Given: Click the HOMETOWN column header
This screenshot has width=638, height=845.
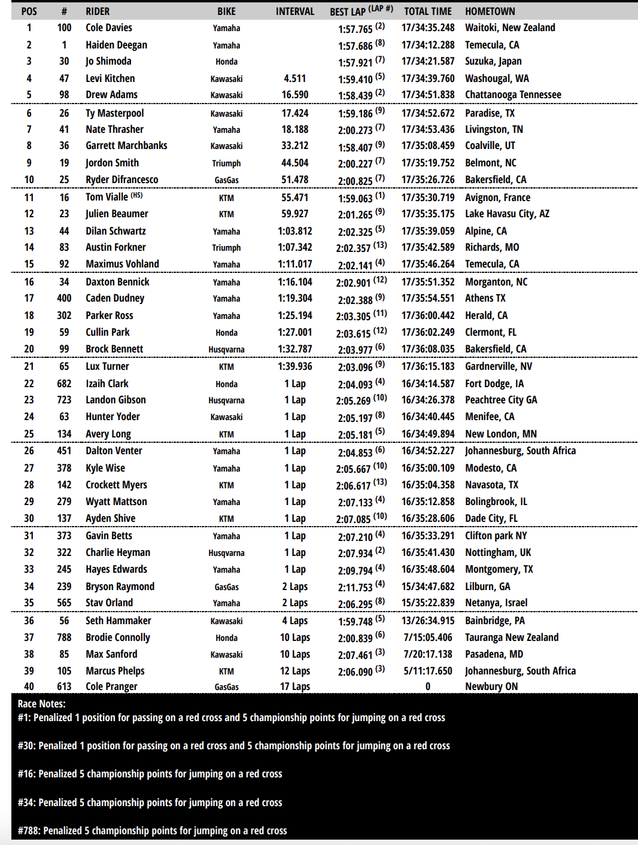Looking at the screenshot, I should pyautogui.click(x=490, y=11).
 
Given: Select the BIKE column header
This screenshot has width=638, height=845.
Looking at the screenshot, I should pyautogui.click(x=226, y=11).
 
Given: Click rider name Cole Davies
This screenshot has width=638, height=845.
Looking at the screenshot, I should pyautogui.click(x=109, y=28).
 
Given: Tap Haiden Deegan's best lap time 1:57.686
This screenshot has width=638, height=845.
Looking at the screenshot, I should pyautogui.click(x=356, y=45).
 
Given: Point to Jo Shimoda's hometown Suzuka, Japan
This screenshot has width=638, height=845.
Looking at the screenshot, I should pyautogui.click(x=493, y=61).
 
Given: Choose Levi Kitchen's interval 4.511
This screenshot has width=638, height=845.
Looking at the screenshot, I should pyautogui.click(x=294, y=78).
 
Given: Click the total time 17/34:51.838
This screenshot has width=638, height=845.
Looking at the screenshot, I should pyautogui.click(x=428, y=95).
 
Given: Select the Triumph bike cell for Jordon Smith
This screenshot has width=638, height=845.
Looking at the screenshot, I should pyautogui.click(x=226, y=163).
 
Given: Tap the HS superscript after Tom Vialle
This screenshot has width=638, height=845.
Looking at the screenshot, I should pyautogui.click(x=136, y=195).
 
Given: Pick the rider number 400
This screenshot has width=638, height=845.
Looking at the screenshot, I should pyautogui.click(x=64, y=298).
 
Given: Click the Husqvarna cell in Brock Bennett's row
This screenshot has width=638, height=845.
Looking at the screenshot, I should pyautogui.click(x=226, y=349).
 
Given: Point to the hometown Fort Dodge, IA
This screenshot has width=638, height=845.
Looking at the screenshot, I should pyautogui.click(x=494, y=384).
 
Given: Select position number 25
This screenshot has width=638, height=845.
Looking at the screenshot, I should pyautogui.click(x=29, y=434).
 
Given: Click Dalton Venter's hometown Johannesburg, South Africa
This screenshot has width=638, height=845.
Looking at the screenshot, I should pyautogui.click(x=520, y=451).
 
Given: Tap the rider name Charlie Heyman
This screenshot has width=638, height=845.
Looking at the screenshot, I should pyautogui.click(x=118, y=552).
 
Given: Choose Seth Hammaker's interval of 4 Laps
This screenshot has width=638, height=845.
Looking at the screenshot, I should pyautogui.click(x=294, y=621).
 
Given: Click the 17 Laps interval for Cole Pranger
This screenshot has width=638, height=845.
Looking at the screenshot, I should pyautogui.click(x=294, y=686).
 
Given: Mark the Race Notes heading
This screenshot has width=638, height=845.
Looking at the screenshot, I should pyautogui.click(x=41, y=704).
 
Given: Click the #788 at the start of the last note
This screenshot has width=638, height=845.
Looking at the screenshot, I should pyautogui.click(x=29, y=831).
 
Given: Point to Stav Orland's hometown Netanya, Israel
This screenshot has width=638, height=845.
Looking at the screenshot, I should pyautogui.click(x=496, y=603).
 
